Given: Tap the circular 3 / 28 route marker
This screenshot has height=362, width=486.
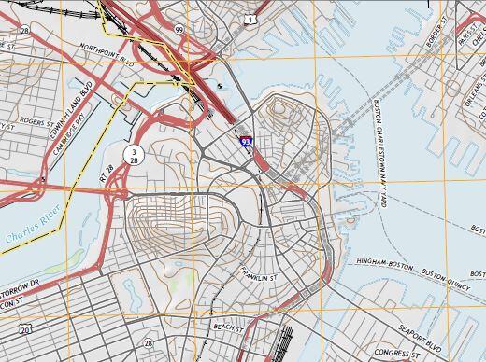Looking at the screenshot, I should pyautogui.click(x=135, y=156).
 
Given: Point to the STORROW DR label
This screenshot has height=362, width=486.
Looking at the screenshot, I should pyautogui.click(x=21, y=290).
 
